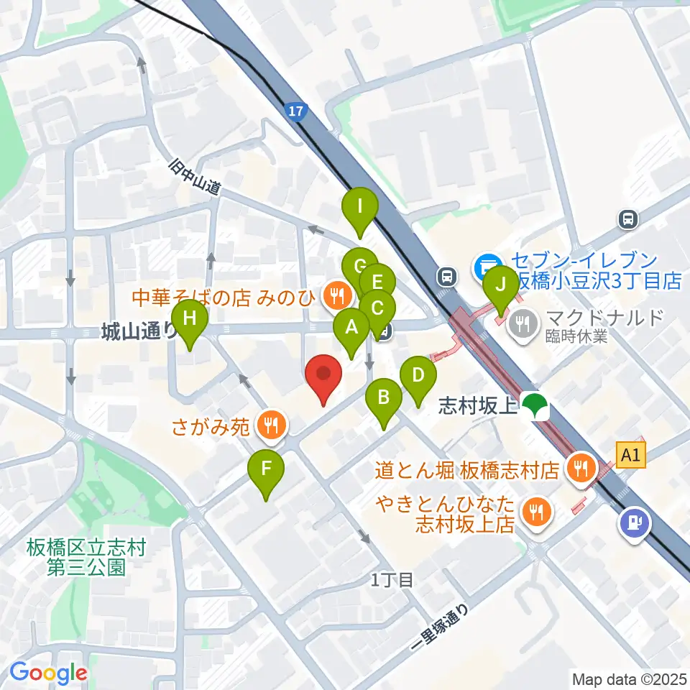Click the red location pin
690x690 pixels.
point(323,378)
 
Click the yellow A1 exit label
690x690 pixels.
point(630,454)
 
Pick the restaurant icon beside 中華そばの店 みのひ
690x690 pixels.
point(336,293)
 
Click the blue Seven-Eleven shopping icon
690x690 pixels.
point(487,267)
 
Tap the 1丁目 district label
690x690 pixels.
point(392,579)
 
